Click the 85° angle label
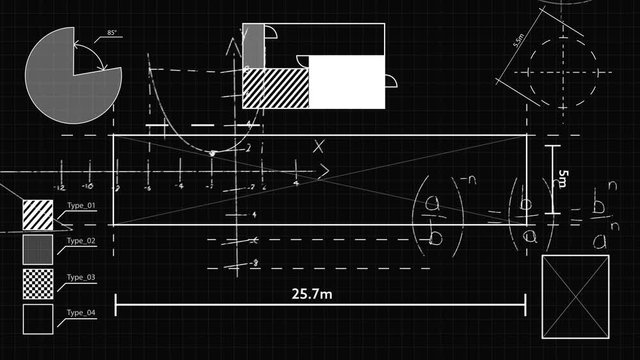(112, 33)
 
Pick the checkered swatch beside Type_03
(38, 284)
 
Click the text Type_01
(80, 205)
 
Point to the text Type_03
(80, 276)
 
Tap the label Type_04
(80, 313)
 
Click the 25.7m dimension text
(312, 294)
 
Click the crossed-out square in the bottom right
(575, 297)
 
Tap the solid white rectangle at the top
(346, 82)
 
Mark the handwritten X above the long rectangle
(320, 146)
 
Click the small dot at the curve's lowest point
(212, 153)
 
